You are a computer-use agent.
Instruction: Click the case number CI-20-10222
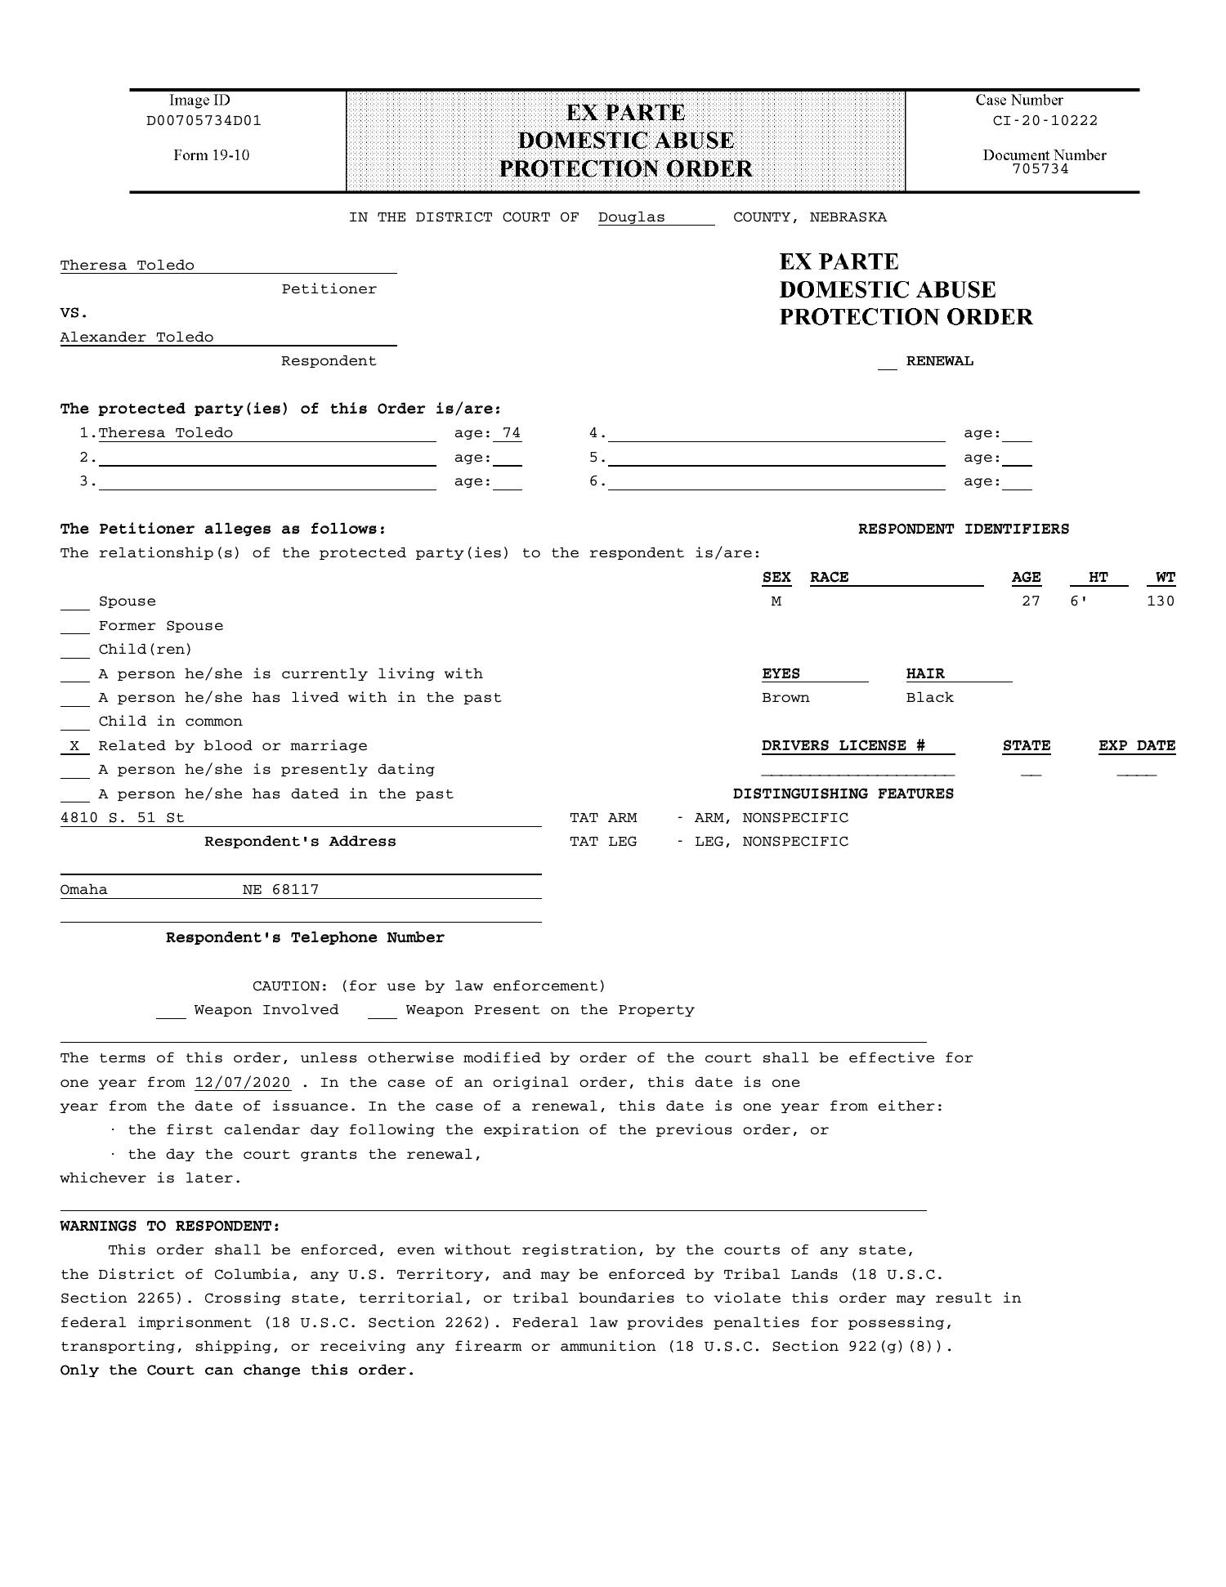click(x=1045, y=121)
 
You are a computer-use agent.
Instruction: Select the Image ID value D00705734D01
click(x=204, y=121)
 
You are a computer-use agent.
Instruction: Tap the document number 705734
click(x=1040, y=169)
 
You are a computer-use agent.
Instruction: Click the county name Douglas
click(x=631, y=217)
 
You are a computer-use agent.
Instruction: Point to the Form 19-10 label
click(x=211, y=155)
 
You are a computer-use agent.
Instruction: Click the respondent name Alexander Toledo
click(x=136, y=338)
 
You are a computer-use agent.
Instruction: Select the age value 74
click(x=512, y=433)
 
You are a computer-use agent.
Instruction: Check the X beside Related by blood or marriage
click(x=75, y=746)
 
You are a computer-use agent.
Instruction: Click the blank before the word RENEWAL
click(x=887, y=363)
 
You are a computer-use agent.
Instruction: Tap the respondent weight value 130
click(x=1160, y=601)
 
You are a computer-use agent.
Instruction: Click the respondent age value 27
click(x=1031, y=601)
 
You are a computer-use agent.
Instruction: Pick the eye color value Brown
click(x=785, y=698)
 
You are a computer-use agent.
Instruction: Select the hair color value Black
click(x=929, y=698)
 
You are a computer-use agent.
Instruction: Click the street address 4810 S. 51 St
click(x=122, y=818)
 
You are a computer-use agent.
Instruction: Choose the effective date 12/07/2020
click(x=243, y=1083)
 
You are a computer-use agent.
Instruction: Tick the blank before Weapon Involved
click(x=171, y=1012)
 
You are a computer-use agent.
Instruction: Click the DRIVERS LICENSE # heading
click(x=843, y=746)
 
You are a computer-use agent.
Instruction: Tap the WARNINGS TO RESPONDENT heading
click(x=170, y=1227)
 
